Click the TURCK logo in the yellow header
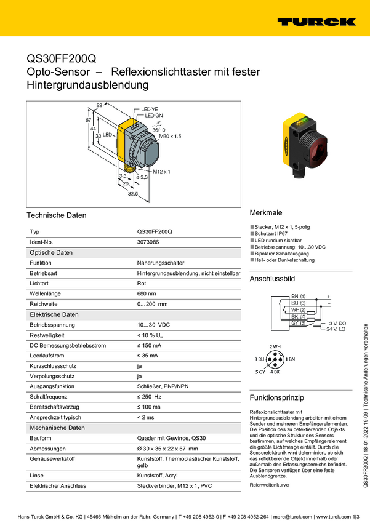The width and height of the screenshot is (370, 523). [316, 22]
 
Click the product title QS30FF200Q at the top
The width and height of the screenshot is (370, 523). [62, 59]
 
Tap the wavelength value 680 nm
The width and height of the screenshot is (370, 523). [147, 293]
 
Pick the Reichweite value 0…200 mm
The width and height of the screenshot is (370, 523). [152, 304]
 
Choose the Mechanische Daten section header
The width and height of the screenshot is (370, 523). [57, 427]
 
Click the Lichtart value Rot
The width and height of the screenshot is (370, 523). [142, 284]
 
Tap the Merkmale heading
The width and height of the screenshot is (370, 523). [265, 211]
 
